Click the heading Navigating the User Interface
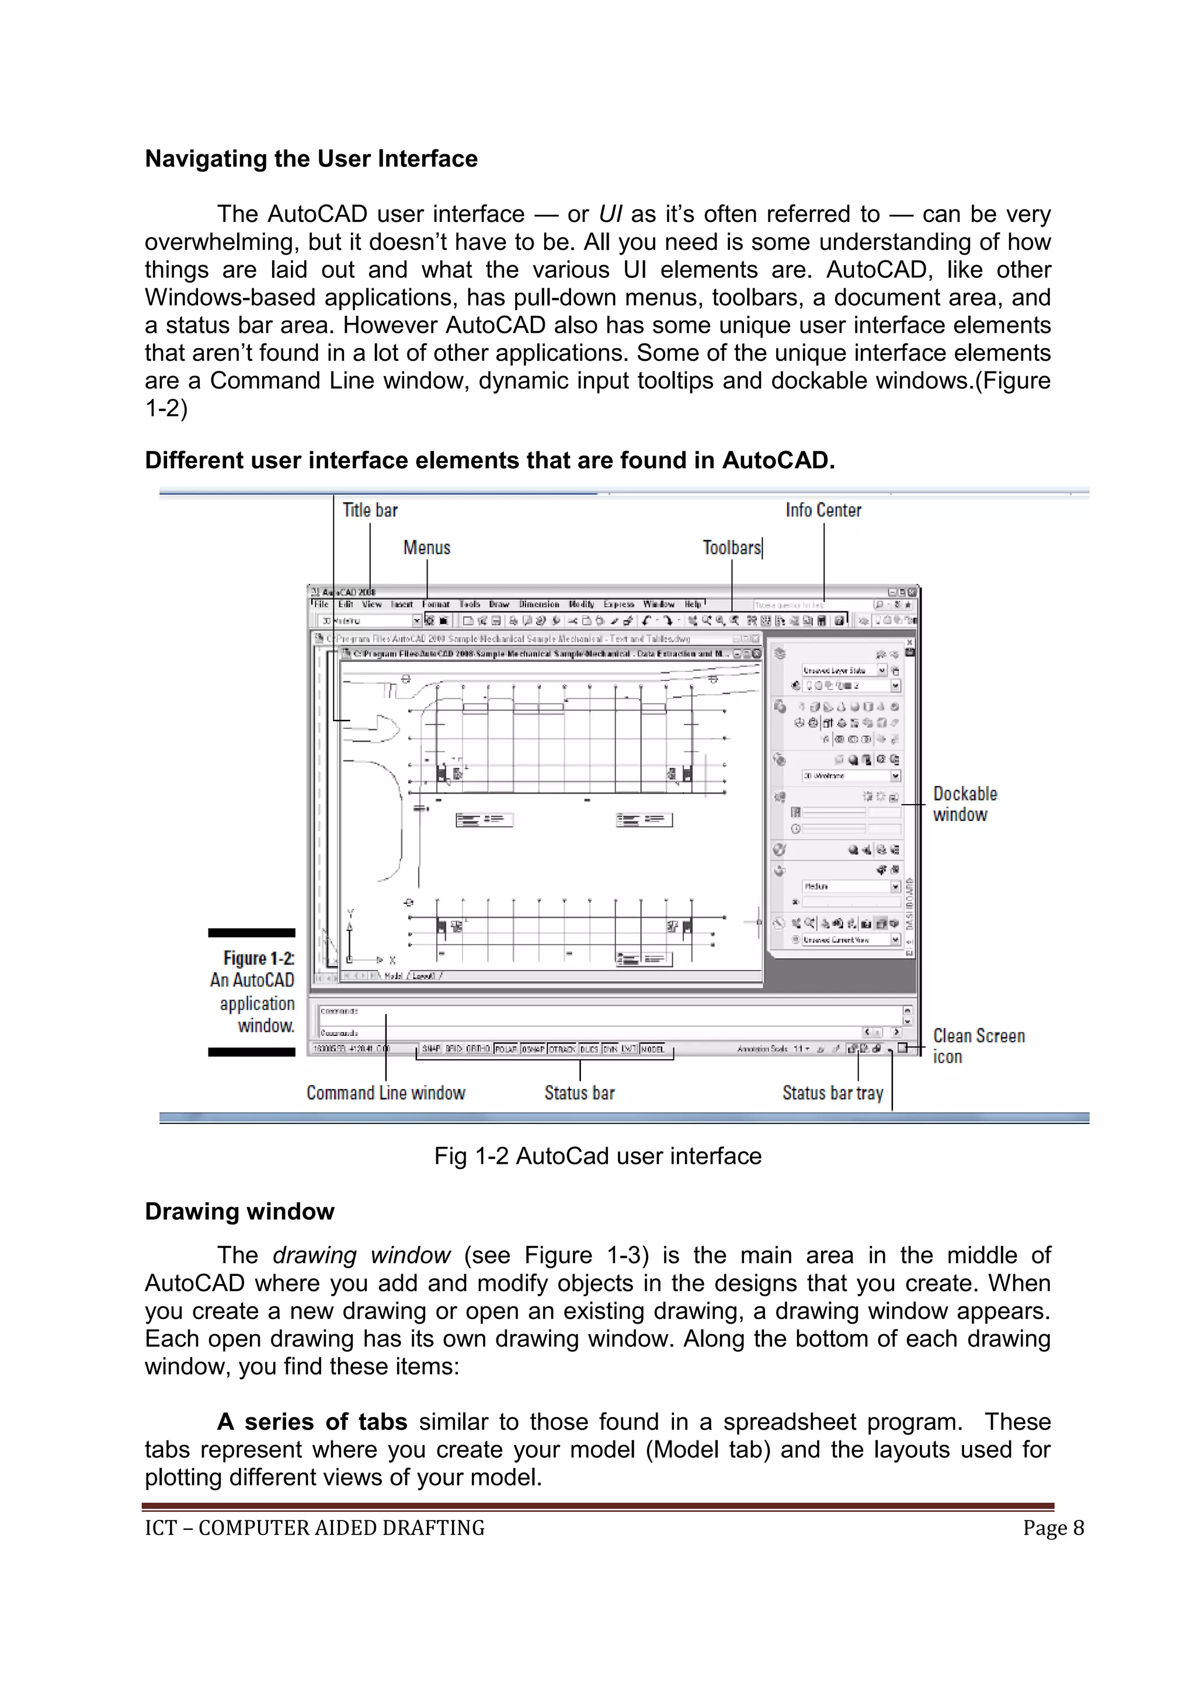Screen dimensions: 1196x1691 point(311,159)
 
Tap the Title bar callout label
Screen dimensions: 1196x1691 point(370,510)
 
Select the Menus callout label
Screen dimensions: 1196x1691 point(426,548)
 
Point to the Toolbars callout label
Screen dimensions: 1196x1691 point(731,548)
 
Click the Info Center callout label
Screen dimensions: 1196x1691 point(823,510)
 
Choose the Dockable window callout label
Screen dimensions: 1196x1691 point(964,804)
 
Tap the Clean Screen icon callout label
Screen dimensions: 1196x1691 point(978,1046)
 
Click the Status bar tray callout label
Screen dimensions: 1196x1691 point(832,1093)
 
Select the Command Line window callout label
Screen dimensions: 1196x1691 point(386,1093)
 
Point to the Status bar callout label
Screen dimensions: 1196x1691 point(579,1093)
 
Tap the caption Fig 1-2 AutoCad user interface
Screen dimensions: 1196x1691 point(597,1156)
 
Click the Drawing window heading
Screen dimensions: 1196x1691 point(239,1212)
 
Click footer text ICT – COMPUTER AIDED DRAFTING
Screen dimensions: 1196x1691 point(314,1528)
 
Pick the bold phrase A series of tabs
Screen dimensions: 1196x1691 point(312,1422)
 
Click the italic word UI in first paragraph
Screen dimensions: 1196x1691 point(610,214)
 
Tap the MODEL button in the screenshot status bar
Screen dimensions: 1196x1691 point(652,1049)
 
